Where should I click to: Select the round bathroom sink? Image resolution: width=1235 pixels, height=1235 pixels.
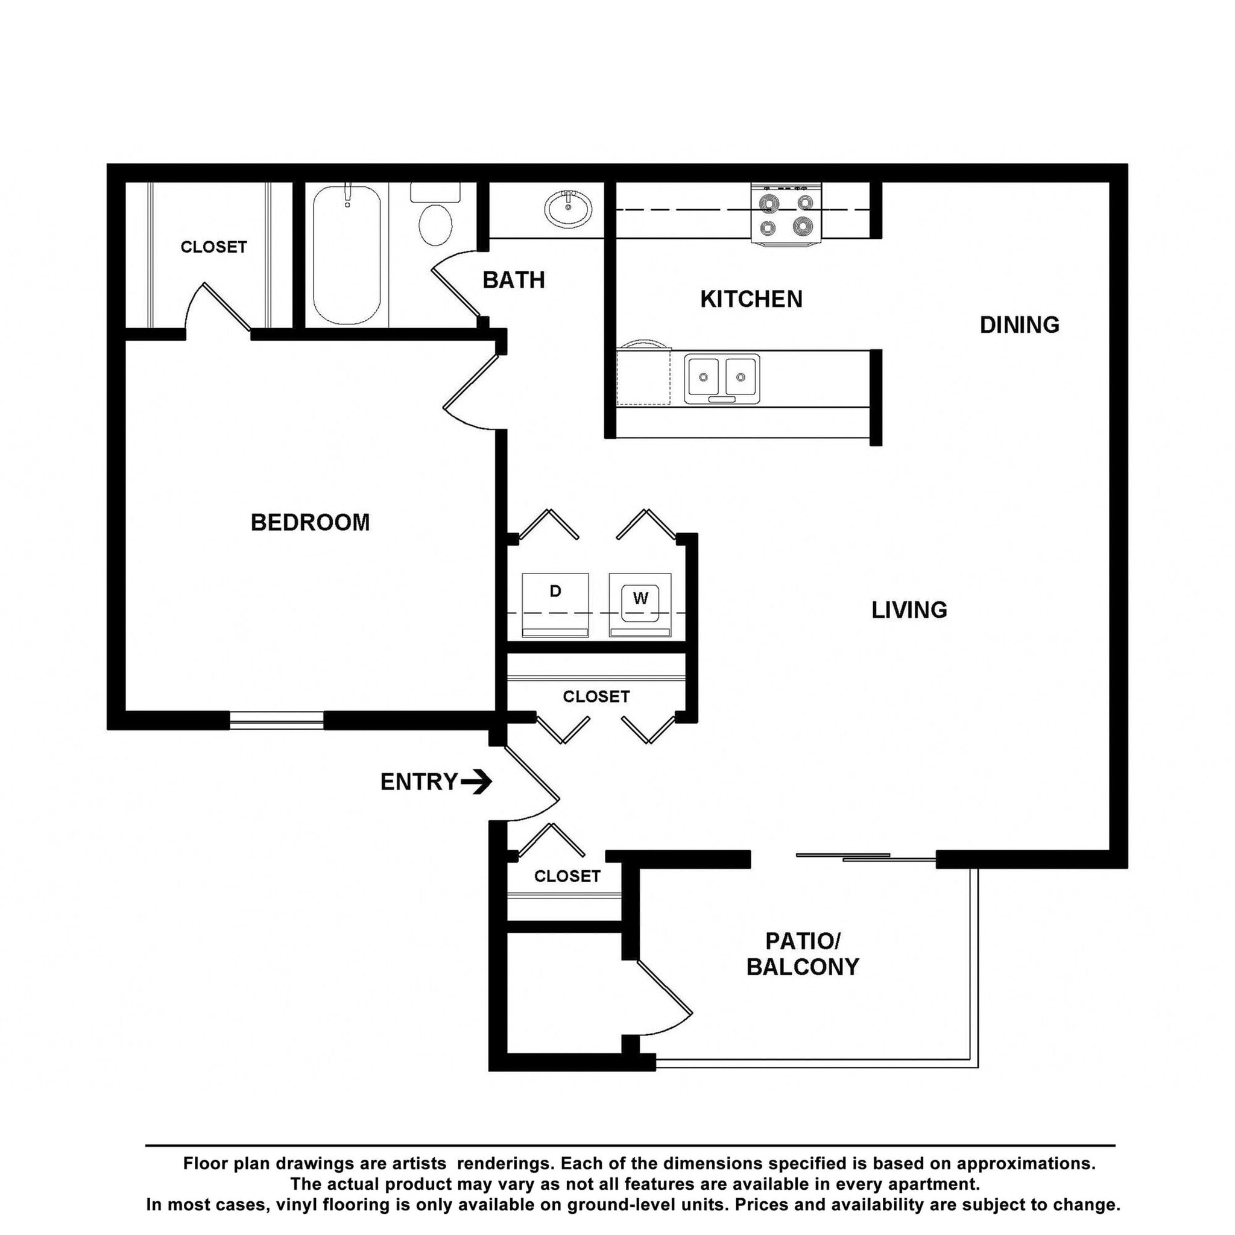567,208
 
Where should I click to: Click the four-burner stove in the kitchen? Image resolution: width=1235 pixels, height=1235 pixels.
786,214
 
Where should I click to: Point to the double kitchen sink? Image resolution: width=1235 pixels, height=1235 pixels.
722,379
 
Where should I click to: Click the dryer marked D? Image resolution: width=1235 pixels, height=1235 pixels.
555,604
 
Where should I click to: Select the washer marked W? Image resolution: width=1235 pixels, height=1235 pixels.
640,604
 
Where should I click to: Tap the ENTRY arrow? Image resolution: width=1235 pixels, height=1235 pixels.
476,781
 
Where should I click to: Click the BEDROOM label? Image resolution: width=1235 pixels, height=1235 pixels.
310,522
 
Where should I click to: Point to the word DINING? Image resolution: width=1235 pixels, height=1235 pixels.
1019,325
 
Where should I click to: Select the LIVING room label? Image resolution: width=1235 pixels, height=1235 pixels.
909,610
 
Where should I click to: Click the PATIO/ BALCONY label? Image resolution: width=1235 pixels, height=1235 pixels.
802,954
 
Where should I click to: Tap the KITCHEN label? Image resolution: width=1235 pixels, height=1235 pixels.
751,299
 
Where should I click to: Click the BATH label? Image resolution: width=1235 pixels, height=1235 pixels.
513,280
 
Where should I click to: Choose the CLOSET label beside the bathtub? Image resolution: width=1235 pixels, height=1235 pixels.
213,247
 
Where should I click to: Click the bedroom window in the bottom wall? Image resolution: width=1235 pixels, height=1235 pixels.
276,721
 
